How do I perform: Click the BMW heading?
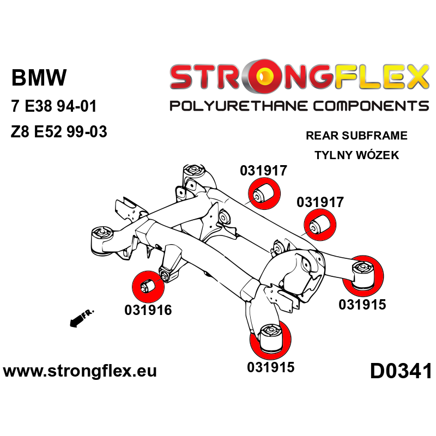(x=39, y=78)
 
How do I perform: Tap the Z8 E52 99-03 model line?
(x=59, y=132)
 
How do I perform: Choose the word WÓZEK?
(x=379, y=155)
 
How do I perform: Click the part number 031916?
(x=148, y=310)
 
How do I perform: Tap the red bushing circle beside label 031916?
(x=148, y=286)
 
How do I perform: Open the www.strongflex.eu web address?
(x=80, y=372)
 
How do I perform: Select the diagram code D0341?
(x=401, y=372)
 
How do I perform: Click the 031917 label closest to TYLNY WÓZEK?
(x=320, y=202)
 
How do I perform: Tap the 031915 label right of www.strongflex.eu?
(x=271, y=367)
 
